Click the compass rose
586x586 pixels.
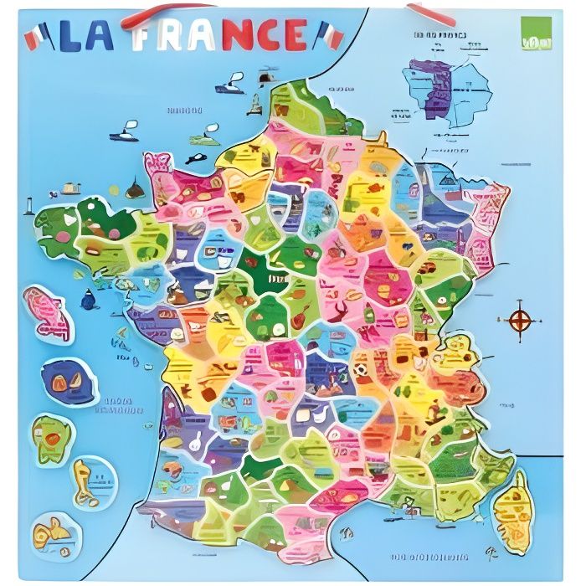520,319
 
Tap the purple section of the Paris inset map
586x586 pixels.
439,87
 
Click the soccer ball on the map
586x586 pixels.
360,368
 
